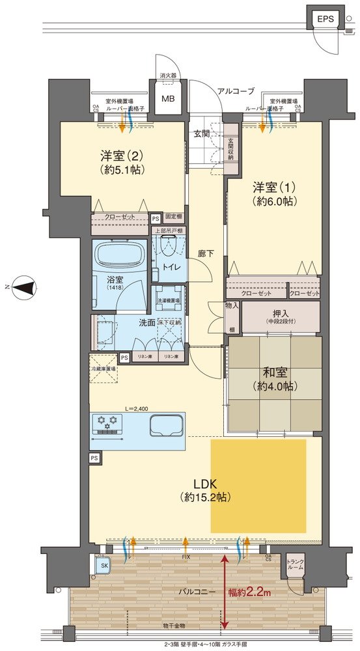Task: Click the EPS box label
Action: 325,19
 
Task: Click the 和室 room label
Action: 275,374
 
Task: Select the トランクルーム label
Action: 296,565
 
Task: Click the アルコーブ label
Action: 236,91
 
